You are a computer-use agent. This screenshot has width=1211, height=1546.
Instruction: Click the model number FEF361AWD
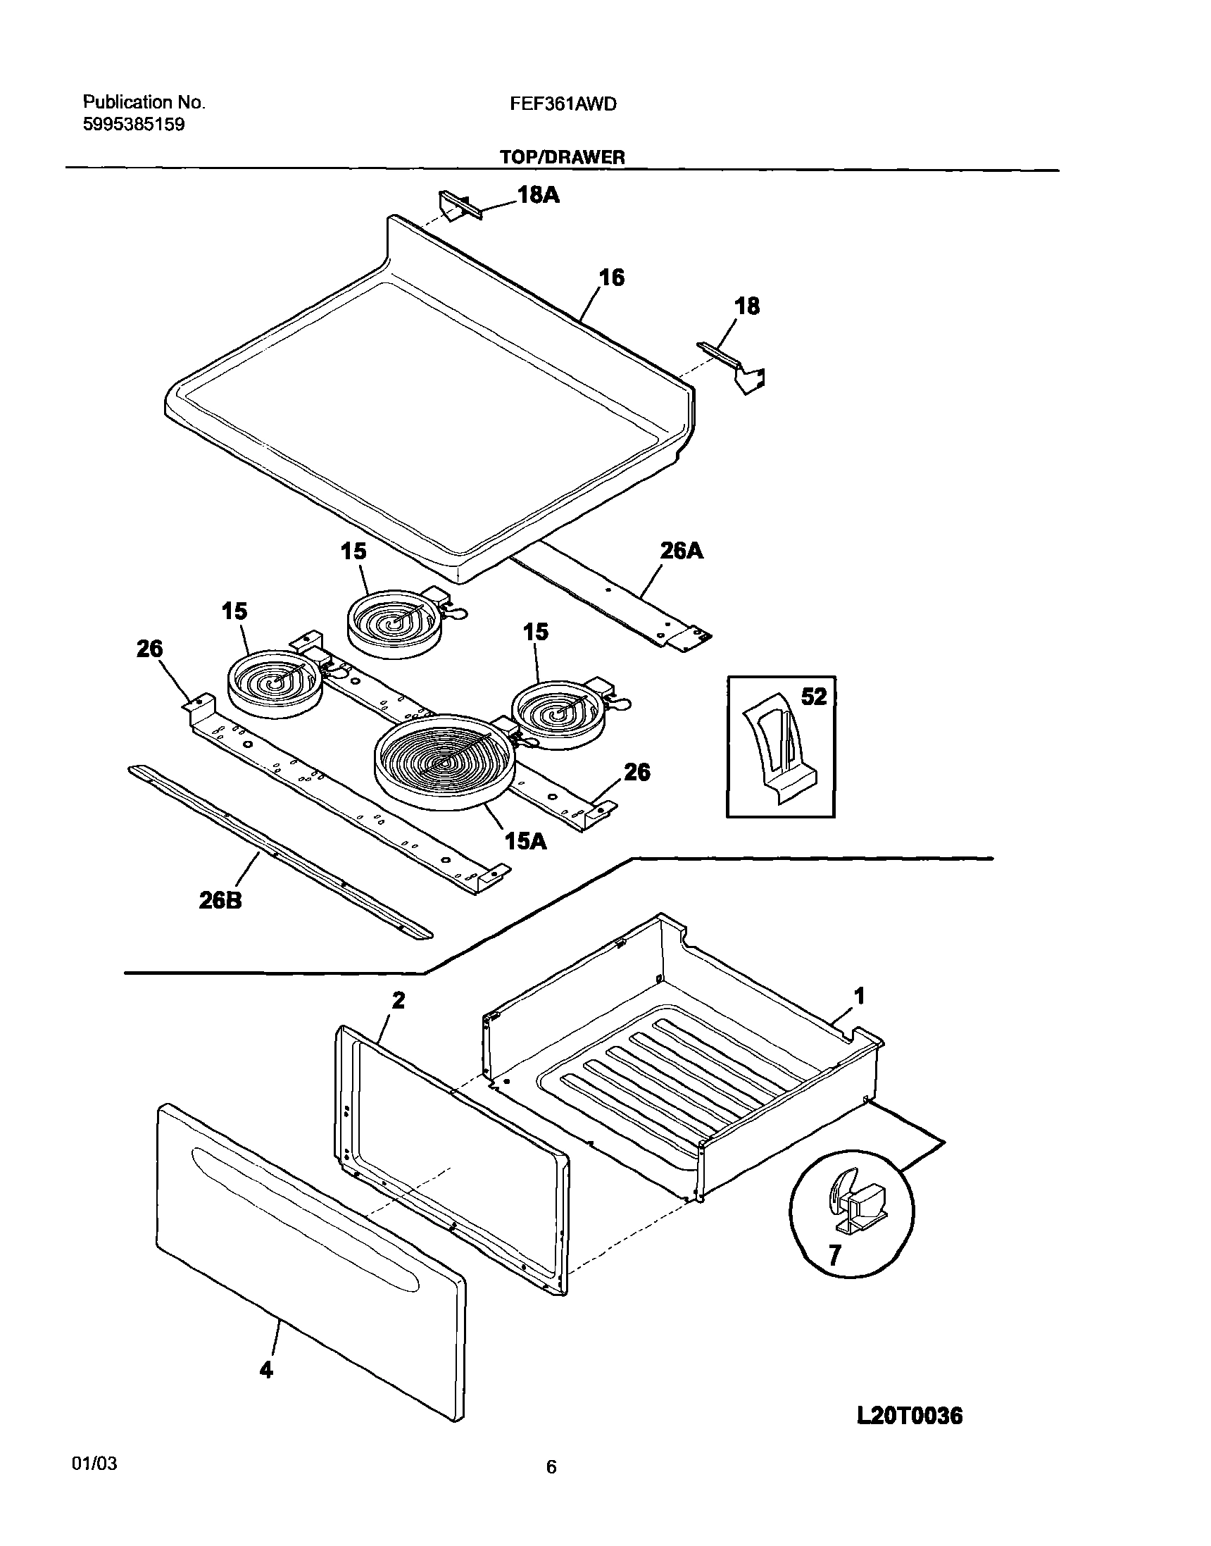563,104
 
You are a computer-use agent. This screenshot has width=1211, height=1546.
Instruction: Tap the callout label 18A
538,195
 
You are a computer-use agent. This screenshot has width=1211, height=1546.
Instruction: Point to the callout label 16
612,278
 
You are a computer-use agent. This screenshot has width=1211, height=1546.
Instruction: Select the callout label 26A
682,550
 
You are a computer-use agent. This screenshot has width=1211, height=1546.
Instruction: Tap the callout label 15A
525,841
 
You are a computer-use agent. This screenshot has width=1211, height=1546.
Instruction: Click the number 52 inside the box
814,697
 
